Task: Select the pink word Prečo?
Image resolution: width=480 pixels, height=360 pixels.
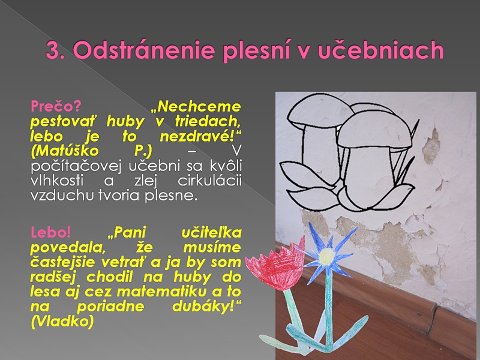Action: (56, 106)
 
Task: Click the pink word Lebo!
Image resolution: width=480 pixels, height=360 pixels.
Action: (51, 232)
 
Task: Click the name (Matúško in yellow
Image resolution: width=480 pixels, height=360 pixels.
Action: (65, 151)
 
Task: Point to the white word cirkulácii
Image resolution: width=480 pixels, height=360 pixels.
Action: (209, 181)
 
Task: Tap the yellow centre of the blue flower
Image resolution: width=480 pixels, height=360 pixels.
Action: (327, 256)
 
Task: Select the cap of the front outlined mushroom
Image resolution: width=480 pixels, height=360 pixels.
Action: (374, 130)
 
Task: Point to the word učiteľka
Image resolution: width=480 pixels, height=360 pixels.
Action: (212, 232)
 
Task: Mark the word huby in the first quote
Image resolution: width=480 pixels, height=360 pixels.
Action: (125, 122)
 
